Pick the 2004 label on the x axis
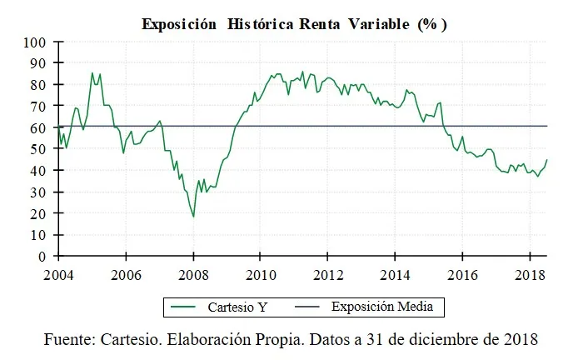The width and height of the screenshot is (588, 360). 58,273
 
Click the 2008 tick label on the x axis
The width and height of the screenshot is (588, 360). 193,273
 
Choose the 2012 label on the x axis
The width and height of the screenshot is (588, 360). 328,273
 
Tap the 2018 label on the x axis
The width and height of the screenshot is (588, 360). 531,273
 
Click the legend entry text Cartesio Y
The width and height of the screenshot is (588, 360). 238,307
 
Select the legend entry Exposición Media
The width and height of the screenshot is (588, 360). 382,307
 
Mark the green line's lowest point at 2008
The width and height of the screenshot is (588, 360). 193,217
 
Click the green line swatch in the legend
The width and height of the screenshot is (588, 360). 185,307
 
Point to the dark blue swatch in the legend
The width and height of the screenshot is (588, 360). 308,307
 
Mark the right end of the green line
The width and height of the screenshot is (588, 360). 547,159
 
